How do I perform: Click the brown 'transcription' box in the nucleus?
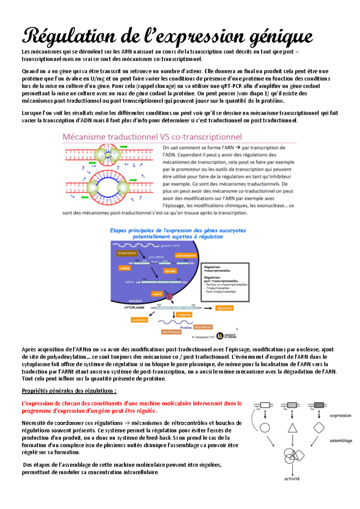click(127, 253)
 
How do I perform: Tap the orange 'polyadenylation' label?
click(186, 256)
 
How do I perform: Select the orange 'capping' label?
click(124, 268)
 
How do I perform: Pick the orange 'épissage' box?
click(170, 271)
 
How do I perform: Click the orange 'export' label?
click(157, 294)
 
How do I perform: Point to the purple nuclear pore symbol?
click(169, 297)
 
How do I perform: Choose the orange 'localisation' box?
click(139, 320)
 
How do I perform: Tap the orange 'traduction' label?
click(184, 315)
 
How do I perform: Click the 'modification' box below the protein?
click(171, 332)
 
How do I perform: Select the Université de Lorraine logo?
click(226, 336)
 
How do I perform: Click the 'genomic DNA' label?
click(170, 246)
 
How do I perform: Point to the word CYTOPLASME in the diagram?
click(134, 308)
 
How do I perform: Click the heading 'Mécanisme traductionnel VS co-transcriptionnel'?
click(152, 137)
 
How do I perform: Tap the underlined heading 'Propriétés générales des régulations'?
click(69, 391)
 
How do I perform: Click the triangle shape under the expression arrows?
click(292, 428)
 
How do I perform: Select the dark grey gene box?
click(319, 405)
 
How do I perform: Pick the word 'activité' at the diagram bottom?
click(292, 479)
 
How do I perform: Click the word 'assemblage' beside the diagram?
click(341, 441)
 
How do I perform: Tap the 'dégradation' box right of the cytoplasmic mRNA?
click(224, 308)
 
